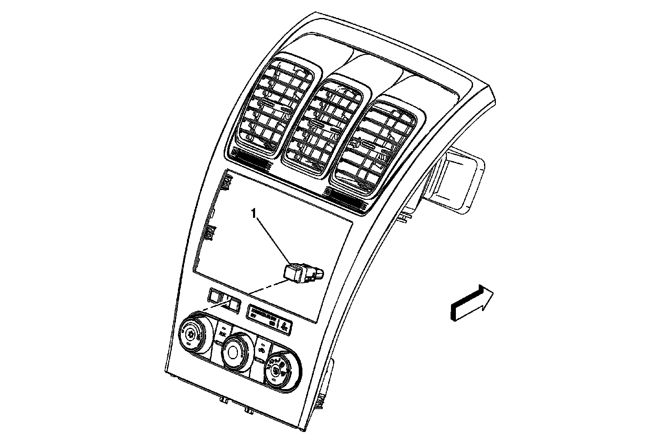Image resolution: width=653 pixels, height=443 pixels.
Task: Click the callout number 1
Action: [x=254, y=213]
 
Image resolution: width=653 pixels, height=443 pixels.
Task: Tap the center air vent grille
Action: [x=322, y=128]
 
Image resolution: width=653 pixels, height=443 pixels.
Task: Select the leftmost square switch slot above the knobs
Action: [x=214, y=295]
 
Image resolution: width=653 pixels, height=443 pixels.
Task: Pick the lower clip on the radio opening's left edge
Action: [x=211, y=233]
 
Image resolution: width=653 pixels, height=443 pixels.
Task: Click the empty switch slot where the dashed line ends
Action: [x=234, y=304]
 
